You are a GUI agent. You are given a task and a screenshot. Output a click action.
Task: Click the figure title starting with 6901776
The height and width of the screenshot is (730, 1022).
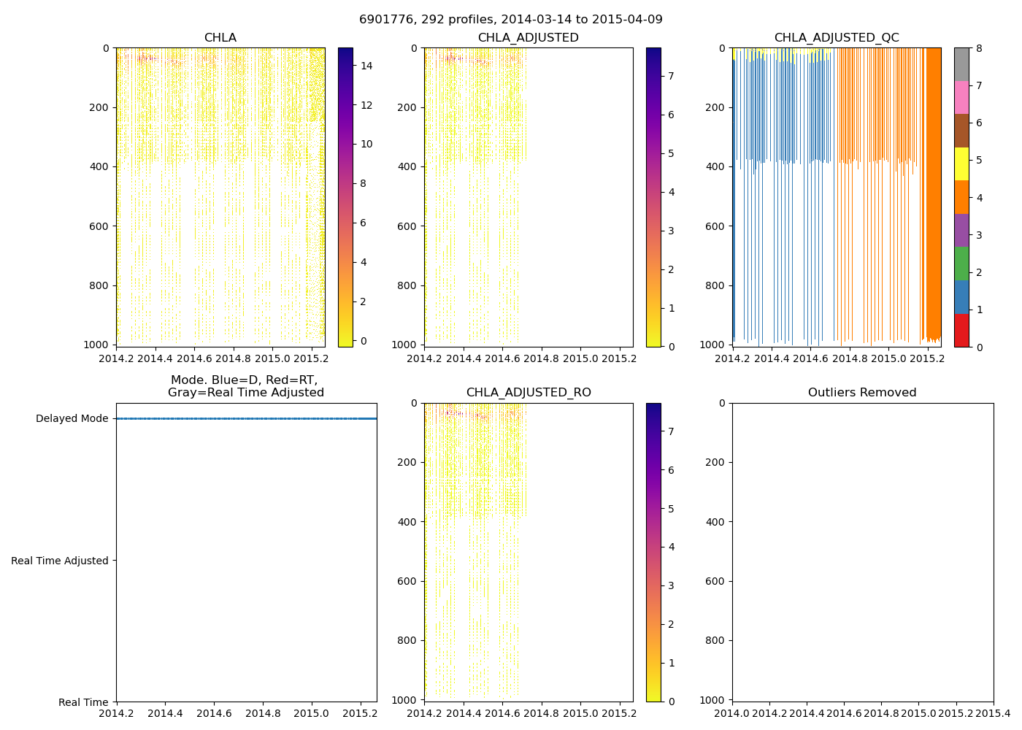point(511,20)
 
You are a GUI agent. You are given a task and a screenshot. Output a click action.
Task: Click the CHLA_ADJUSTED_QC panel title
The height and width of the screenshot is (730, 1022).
point(837,38)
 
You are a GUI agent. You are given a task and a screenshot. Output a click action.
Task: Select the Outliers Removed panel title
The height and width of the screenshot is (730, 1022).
point(862,393)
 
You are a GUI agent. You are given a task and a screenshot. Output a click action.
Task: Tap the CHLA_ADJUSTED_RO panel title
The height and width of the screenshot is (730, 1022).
point(529,393)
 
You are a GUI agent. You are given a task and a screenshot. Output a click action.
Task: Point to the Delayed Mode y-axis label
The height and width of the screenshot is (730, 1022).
point(72,418)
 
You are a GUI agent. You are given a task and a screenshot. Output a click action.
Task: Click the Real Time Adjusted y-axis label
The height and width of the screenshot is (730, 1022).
point(60,561)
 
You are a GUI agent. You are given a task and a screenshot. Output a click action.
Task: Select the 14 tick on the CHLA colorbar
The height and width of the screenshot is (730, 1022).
point(366,66)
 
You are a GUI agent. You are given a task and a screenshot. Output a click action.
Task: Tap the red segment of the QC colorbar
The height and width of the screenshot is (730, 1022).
point(961,330)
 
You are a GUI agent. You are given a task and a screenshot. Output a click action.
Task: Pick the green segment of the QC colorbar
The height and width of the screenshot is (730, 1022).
point(961,264)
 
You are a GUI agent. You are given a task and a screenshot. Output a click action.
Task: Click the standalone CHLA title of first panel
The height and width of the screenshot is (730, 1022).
point(220,38)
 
